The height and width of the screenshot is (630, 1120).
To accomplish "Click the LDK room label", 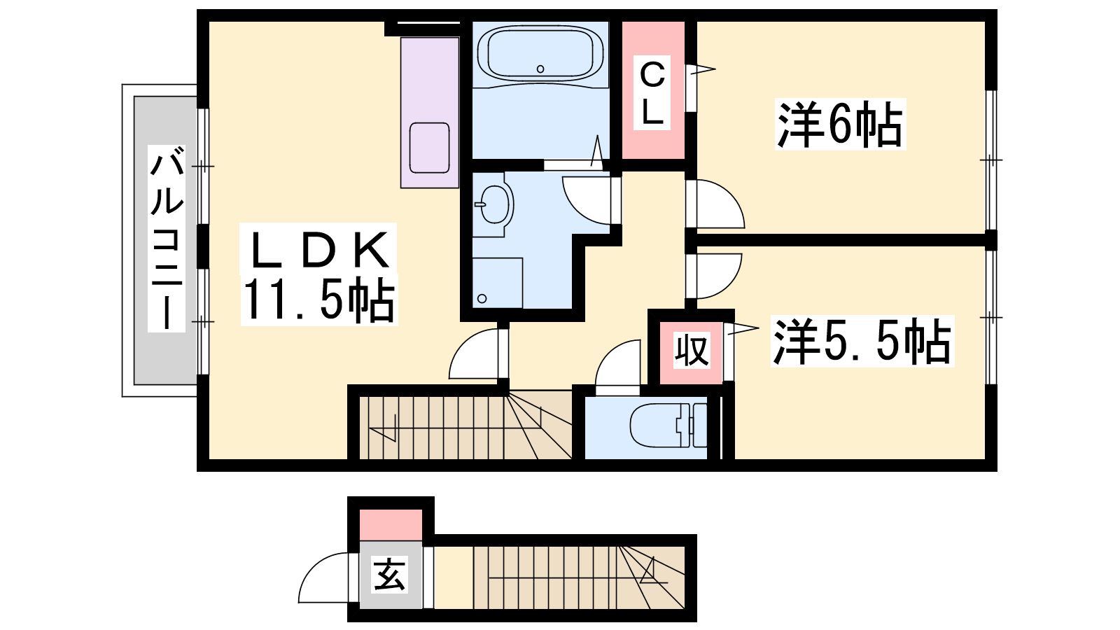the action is click(x=318, y=249).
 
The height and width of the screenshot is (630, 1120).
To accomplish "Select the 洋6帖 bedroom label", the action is click(x=840, y=124).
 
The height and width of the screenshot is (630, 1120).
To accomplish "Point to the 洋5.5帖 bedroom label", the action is click(x=862, y=341).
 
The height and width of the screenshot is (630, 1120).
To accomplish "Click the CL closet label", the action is click(x=652, y=93).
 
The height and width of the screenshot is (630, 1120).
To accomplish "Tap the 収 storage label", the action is click(x=692, y=350).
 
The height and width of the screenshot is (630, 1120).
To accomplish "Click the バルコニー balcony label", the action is click(x=167, y=239).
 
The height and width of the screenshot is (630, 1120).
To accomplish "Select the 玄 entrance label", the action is click(x=390, y=575).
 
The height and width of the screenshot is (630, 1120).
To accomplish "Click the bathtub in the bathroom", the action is click(x=540, y=53).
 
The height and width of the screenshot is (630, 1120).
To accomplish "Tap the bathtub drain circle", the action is click(x=540, y=69).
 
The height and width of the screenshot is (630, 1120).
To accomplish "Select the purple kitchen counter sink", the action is click(x=430, y=148).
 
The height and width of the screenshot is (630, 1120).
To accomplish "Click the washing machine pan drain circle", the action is click(x=482, y=299).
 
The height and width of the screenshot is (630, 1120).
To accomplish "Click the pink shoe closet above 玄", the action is click(x=391, y=525).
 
